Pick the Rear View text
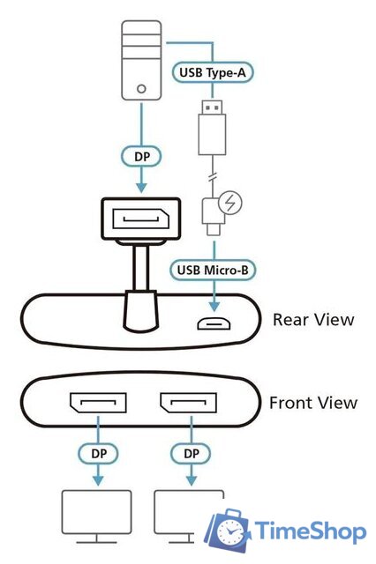(x=312, y=318)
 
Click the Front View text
(x=312, y=403)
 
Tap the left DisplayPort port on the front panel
(x=93, y=406)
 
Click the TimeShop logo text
(x=310, y=531)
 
